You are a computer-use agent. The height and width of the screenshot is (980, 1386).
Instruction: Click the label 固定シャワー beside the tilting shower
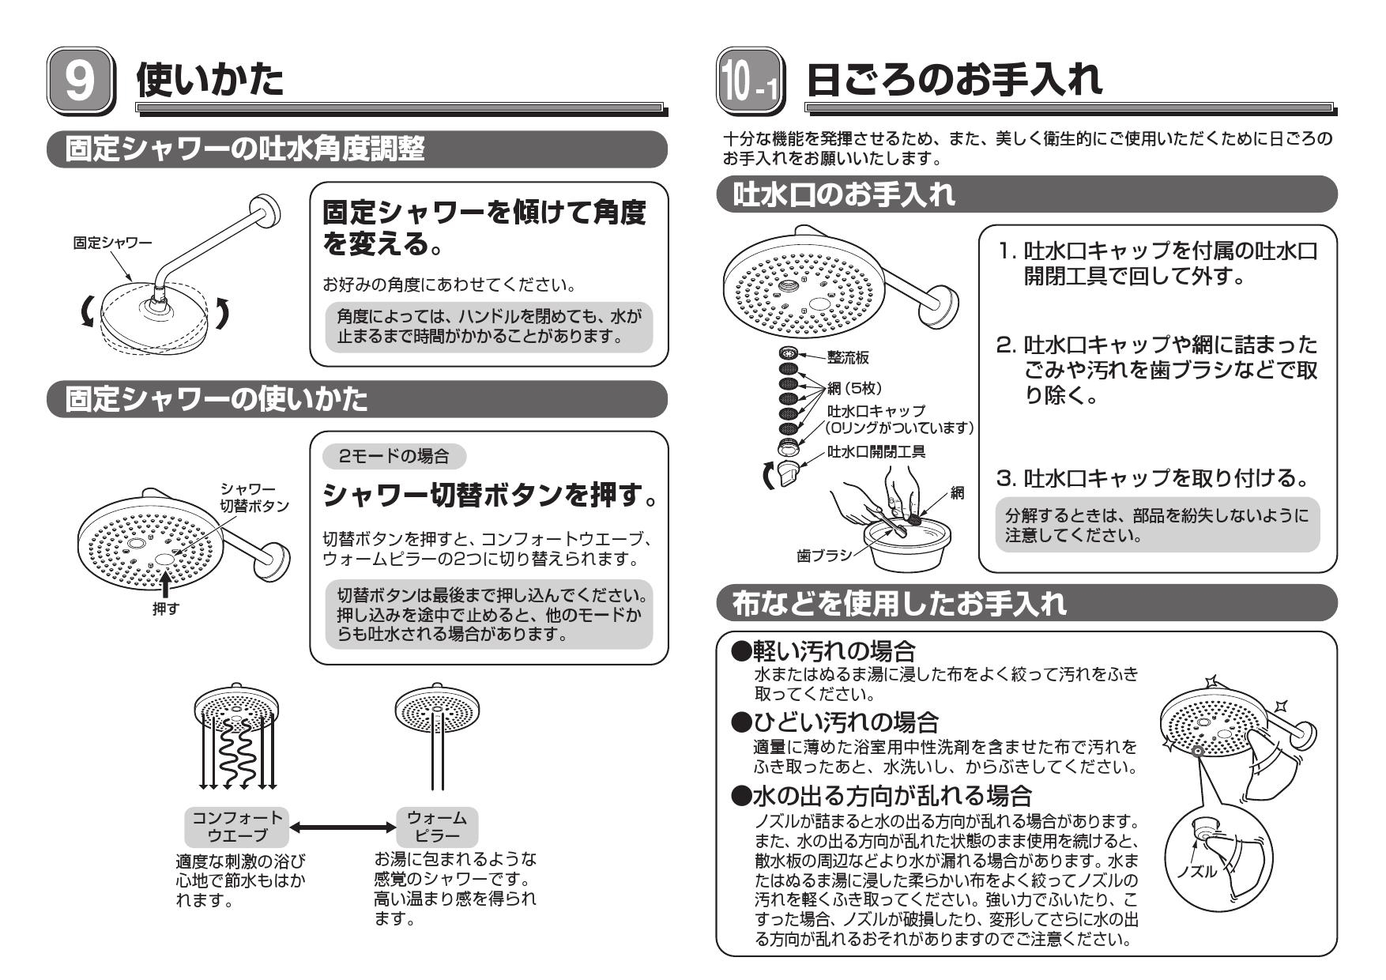coord(111,243)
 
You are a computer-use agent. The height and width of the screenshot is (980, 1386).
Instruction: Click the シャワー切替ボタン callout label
coord(254,498)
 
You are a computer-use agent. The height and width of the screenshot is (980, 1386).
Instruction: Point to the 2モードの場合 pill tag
coord(394,456)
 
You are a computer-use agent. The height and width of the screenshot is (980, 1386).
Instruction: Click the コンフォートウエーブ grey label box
coord(236,826)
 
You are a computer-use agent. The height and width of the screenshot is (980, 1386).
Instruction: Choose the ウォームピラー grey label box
coord(437,826)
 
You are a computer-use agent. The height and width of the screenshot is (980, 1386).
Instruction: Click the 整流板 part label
coord(848,358)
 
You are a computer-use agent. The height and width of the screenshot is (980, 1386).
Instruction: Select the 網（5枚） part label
coord(854,388)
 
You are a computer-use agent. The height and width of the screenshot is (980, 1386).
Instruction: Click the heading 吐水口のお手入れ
coord(844,195)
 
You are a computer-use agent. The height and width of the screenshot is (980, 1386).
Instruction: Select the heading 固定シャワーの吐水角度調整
coord(245,149)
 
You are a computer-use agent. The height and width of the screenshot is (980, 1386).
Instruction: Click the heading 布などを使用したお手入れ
coord(899,605)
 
